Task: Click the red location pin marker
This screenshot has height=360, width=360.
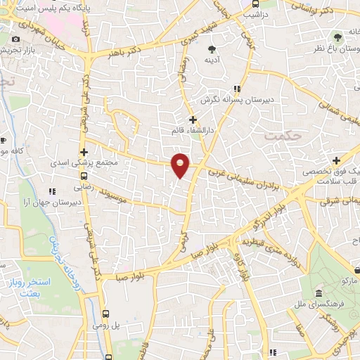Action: click(181, 165)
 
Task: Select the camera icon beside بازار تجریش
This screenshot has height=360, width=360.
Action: click(16, 39)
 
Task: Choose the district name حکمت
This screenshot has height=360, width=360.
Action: click(285, 135)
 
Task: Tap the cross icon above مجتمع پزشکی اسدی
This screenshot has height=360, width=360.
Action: click(84, 151)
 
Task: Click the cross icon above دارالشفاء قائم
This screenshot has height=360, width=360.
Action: click(192, 120)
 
